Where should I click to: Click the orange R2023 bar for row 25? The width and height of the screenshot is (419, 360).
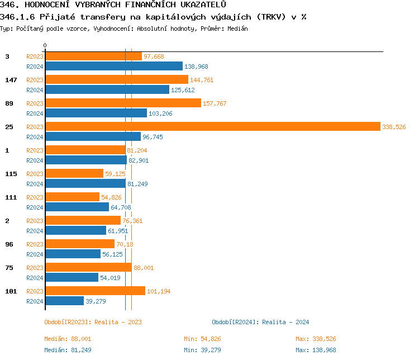(212, 127)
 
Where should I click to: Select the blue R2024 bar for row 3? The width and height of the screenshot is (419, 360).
(113, 66)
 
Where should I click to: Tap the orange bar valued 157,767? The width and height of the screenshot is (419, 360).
(123, 103)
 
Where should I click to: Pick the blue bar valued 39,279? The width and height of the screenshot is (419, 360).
(64, 301)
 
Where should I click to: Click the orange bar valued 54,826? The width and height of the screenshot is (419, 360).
(72, 197)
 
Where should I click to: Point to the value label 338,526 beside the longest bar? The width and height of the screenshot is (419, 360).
(394, 127)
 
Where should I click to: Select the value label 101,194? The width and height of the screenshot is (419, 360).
(159, 291)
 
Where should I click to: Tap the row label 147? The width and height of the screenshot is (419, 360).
(11, 80)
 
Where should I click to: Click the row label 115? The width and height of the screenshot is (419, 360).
(11, 174)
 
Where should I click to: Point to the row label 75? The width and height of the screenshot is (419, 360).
(9, 268)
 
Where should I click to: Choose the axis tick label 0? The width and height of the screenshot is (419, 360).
(45, 45)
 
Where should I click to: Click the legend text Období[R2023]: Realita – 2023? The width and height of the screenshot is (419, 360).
(93, 322)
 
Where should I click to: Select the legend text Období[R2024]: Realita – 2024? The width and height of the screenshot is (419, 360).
(260, 322)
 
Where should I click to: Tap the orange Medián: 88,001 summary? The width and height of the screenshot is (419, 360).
(68, 339)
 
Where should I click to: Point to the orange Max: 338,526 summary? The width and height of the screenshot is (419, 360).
(316, 339)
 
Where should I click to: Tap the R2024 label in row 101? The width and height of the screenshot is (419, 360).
(35, 301)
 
